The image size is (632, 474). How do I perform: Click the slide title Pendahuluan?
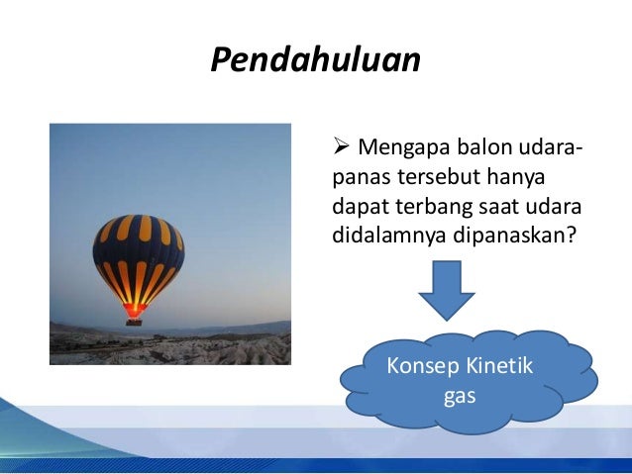point(316,59)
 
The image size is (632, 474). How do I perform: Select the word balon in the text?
point(477,149)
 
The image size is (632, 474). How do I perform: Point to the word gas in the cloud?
point(456,395)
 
